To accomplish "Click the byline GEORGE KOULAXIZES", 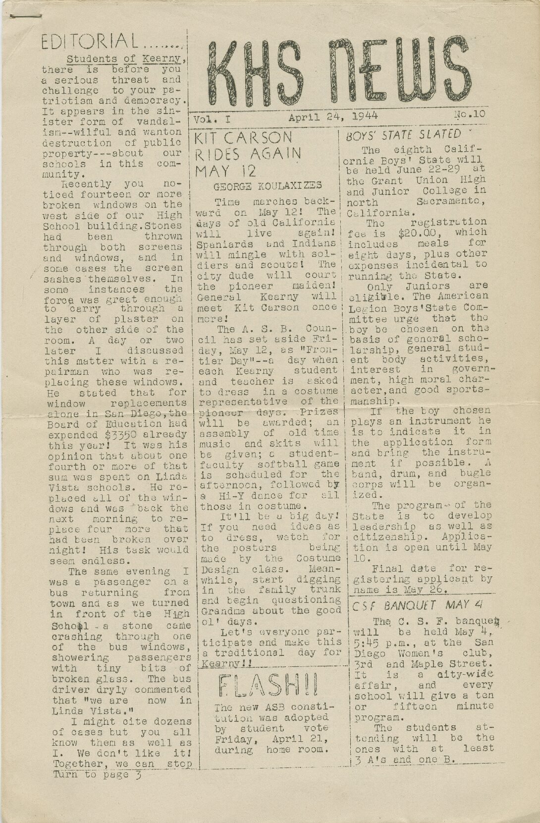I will pos(268,186).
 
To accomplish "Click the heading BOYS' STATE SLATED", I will pos(403,135).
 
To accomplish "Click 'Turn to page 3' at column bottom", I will pos(97,774).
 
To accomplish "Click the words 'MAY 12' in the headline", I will pos(225,172).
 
